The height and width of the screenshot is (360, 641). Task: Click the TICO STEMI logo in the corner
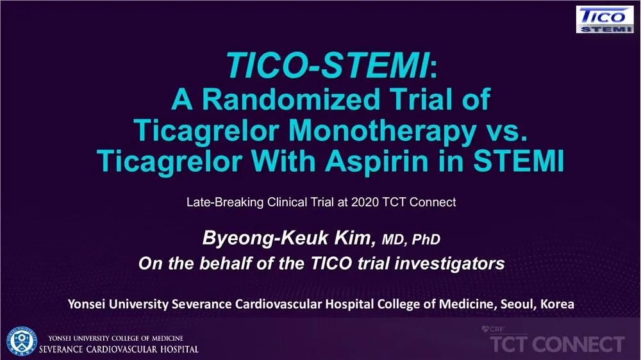click(x=605, y=19)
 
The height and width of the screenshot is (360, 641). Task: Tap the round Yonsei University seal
click(x=21, y=341)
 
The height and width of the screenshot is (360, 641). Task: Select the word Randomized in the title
click(x=291, y=99)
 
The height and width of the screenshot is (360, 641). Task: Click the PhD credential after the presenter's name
click(x=426, y=240)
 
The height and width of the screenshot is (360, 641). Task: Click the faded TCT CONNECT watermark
click(x=557, y=344)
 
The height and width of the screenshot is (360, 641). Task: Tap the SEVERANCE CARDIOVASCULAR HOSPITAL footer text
click(x=119, y=349)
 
